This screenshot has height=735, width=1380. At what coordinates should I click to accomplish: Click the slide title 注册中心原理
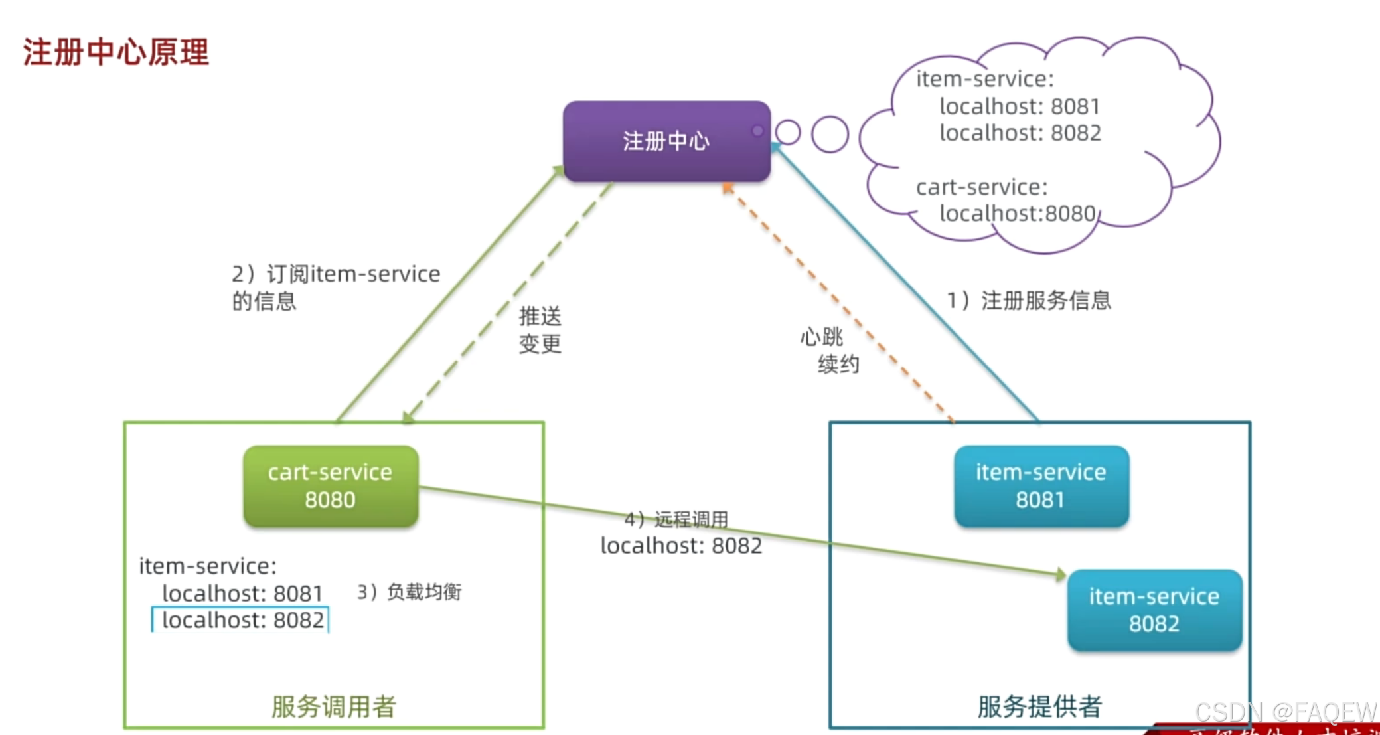point(116,52)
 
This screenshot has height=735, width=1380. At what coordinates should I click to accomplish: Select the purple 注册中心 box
point(666,141)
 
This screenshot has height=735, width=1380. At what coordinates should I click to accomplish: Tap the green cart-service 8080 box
point(331,486)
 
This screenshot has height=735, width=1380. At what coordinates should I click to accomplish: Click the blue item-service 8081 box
point(1041,486)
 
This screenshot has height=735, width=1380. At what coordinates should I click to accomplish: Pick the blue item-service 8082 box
point(1154,610)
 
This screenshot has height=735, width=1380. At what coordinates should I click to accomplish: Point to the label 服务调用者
point(333,706)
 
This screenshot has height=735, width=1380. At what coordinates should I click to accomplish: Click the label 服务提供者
point(1039,706)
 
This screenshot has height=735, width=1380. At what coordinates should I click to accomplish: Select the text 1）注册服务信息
point(1029,301)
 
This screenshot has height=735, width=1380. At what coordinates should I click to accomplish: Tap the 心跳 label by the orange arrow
point(821,337)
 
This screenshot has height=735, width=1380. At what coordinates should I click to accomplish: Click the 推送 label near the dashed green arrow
point(540,316)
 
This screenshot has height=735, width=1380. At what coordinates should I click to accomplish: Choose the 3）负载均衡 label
point(410,592)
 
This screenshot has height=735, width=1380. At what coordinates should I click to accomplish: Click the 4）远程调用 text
point(676,519)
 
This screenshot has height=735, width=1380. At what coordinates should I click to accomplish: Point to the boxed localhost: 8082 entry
point(242,620)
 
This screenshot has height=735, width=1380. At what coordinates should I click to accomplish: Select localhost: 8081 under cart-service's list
point(242,593)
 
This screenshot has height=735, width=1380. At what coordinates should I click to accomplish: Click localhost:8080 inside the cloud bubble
point(1017,214)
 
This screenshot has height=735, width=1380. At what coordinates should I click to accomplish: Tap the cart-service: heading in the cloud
point(981,187)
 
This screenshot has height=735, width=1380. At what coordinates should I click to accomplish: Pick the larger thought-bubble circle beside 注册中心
point(830,134)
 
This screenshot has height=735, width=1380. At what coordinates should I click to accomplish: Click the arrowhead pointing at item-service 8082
point(1061,574)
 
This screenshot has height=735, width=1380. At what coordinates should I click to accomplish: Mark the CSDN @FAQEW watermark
point(1285,712)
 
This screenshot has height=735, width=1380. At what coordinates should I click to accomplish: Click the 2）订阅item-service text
point(336,274)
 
